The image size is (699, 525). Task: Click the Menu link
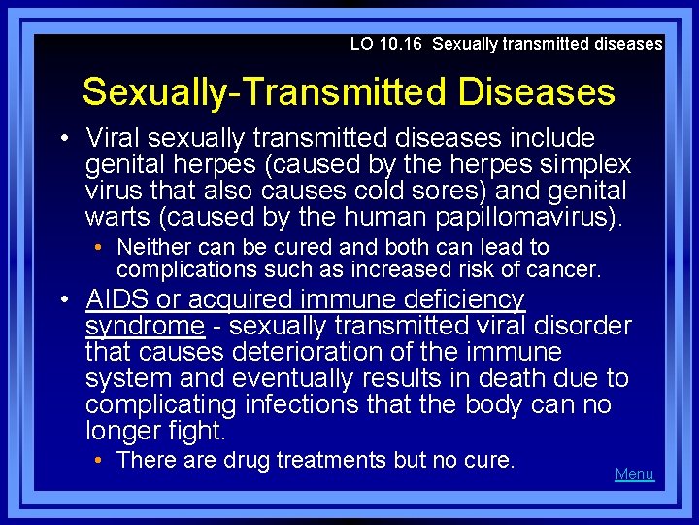[x=634, y=474]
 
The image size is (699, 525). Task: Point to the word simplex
[x=585, y=163]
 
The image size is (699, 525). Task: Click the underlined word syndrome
[x=145, y=326]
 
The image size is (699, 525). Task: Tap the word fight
[x=203, y=429]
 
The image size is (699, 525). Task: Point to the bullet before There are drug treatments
[x=102, y=460]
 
